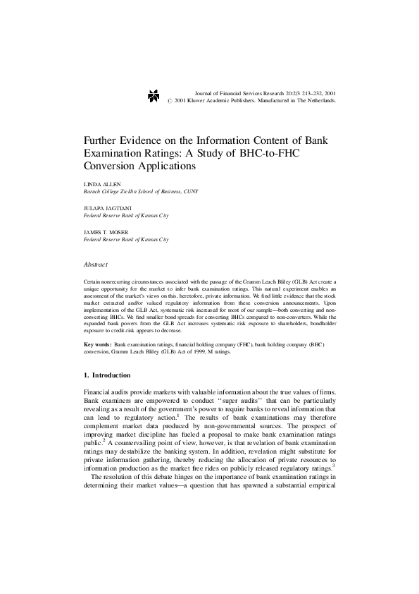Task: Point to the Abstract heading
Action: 95,265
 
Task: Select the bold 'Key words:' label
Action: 98,343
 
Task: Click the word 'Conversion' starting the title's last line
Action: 113,167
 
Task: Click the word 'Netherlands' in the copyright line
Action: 318,101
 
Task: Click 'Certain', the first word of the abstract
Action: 93,281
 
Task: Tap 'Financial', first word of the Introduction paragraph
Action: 99,392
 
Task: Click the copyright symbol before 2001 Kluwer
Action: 170,101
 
